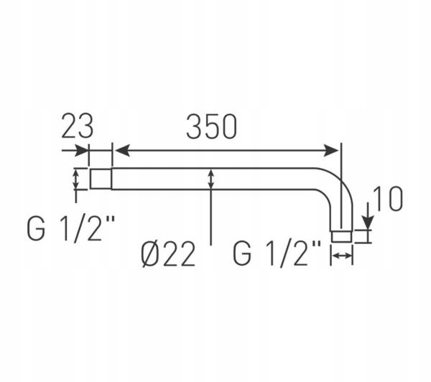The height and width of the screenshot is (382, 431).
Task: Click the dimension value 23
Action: (x=77, y=126)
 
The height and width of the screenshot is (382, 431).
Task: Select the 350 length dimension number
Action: (x=211, y=126)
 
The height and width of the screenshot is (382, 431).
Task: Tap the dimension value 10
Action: (x=387, y=199)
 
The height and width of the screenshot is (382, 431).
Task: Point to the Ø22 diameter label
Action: (x=168, y=253)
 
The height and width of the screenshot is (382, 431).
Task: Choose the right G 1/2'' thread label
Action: (x=277, y=253)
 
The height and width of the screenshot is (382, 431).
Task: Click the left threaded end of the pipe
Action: (x=100, y=178)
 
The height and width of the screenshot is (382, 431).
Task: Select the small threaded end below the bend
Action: (x=342, y=236)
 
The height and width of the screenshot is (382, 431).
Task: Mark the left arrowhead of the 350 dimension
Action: (x=121, y=150)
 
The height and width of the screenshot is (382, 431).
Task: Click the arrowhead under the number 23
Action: (x=82, y=150)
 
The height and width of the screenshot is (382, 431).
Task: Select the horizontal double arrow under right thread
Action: (x=342, y=254)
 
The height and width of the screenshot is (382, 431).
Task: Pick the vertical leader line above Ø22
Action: (x=210, y=215)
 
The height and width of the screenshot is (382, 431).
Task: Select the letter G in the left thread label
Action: (x=39, y=229)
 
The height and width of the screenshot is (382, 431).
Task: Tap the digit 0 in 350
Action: (x=228, y=126)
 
